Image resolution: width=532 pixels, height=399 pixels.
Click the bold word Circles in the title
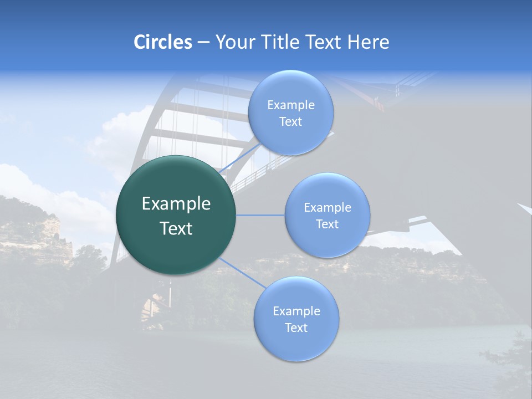click(163, 42)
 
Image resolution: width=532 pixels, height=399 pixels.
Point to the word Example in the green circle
click(176, 204)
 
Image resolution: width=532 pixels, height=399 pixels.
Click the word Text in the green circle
click(176, 228)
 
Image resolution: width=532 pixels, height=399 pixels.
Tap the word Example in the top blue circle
click(291, 105)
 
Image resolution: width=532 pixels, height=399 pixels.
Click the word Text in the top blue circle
click(291, 122)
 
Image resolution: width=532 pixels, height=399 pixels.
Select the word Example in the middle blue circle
click(328, 208)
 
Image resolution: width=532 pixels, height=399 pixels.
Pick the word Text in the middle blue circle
click(328, 224)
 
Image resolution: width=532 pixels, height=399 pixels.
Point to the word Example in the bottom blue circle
click(296, 311)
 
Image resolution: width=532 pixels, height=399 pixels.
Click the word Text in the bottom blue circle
click(296, 328)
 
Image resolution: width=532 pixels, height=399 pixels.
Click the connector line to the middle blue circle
click(260, 215)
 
